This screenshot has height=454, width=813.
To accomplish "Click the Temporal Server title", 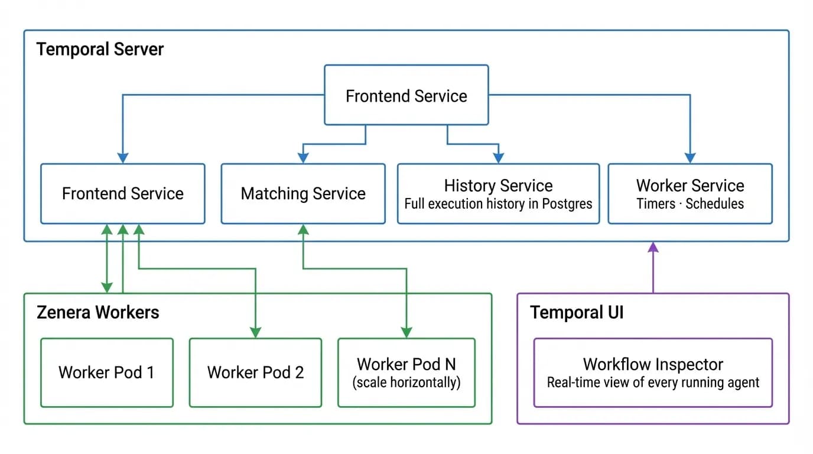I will point(100,49).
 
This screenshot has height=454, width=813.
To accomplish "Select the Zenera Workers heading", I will point(97,312).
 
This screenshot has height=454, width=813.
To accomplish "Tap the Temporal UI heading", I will point(577,312).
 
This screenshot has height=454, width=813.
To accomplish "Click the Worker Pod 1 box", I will point(106,372).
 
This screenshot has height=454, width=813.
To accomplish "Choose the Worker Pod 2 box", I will point(255,372).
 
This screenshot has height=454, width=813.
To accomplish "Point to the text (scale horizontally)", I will point(406,382).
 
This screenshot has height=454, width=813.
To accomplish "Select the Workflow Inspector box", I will point(653,372).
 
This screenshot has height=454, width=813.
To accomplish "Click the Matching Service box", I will point(303,194).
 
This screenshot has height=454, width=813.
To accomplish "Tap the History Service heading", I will point(498,186).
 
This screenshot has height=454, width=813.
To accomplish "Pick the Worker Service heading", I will point(690,186).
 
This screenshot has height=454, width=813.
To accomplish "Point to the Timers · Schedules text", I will point(690,204).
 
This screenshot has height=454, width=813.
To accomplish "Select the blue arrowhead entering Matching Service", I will point(303,158).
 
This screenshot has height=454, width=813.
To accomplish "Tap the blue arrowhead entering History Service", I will point(498,158).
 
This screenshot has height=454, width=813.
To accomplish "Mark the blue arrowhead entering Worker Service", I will point(690,158).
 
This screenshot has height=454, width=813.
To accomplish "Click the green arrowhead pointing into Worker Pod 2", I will point(255,332).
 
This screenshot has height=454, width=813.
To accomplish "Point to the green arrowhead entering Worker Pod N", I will point(406,332).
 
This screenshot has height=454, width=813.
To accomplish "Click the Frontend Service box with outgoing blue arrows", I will point(406,95).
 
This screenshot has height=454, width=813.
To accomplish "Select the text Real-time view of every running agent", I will point(653,382).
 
